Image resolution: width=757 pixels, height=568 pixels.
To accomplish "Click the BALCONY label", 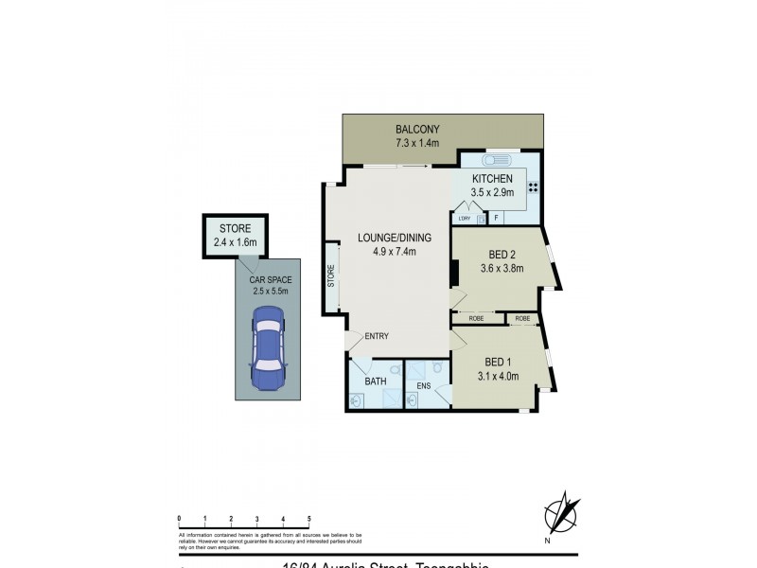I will click(417, 130).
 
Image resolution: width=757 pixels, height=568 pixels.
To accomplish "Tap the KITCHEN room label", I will click(492, 179).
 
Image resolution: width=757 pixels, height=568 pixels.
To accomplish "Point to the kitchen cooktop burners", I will click(533, 186).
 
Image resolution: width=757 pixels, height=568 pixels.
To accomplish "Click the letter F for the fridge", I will click(496, 219).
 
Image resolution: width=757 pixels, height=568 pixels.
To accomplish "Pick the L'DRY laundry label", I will click(464, 219).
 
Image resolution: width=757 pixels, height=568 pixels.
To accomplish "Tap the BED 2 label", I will click(503, 254).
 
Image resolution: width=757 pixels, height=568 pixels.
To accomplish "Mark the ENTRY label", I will click(377, 337).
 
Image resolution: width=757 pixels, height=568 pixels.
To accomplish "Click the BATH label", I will click(377, 382).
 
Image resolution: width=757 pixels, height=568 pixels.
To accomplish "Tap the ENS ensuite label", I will click(423, 385).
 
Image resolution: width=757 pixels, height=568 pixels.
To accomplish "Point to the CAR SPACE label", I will click(271, 280).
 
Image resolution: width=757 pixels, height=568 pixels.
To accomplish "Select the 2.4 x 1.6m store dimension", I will click(236, 242).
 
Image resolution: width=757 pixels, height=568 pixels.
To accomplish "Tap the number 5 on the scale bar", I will click(309, 520).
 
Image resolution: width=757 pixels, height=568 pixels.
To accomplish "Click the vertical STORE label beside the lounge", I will click(331, 278).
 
